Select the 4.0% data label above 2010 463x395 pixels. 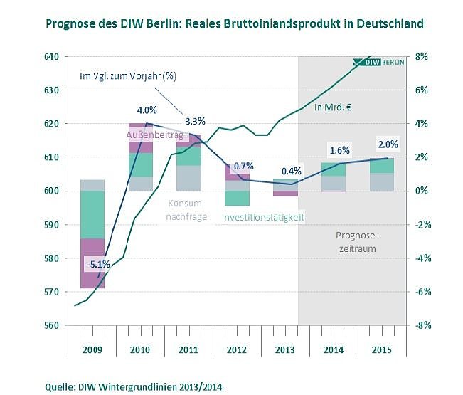[x=147, y=110]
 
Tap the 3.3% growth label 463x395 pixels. [x=196, y=120]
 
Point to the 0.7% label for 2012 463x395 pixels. [x=244, y=166]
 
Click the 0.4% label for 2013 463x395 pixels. [x=292, y=172]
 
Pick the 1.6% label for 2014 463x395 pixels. [x=339, y=151]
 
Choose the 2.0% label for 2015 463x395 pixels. [x=388, y=144]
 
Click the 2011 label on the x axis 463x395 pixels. [x=188, y=350]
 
